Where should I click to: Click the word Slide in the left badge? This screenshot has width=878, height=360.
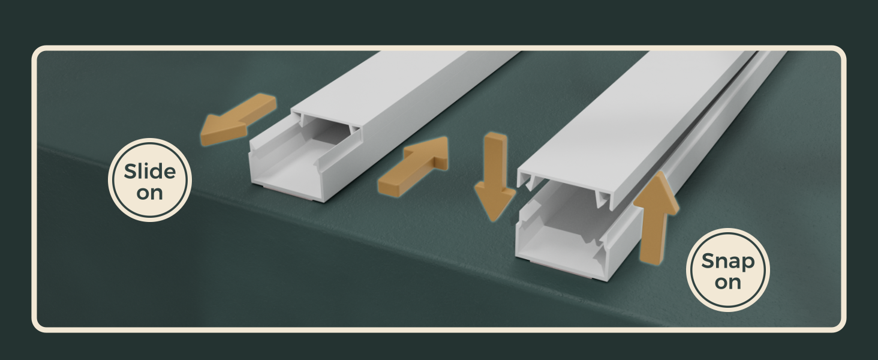pos(150,172)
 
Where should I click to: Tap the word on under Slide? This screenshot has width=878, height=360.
pos(150,193)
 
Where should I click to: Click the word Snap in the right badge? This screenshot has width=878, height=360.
pos(727,262)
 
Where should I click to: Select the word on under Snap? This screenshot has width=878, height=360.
pos(727,282)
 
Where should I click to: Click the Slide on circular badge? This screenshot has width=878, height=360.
pos(150,180)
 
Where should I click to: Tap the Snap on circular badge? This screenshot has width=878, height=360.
pos(727,269)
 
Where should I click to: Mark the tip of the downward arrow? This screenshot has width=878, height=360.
pos(495,218)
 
